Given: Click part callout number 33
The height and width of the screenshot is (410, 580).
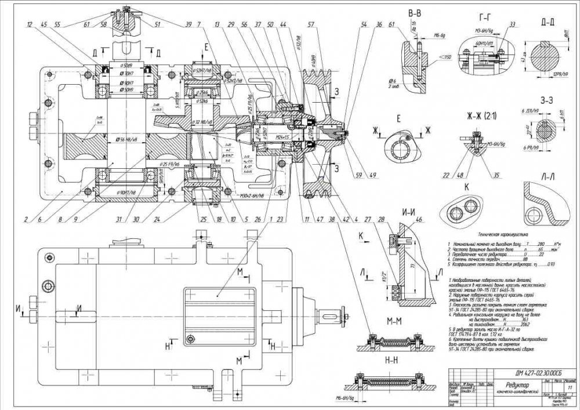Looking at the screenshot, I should coord(512,24).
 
